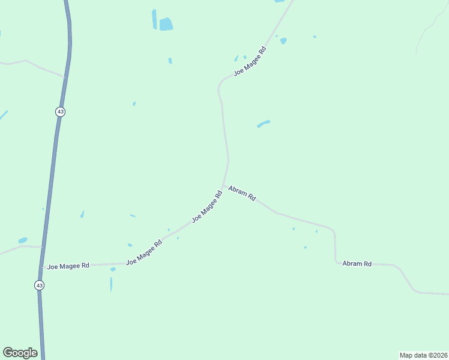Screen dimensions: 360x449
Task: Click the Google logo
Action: (20, 353)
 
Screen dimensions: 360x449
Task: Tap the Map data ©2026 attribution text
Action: (423, 355)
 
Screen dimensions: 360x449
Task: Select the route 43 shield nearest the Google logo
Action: (39, 286)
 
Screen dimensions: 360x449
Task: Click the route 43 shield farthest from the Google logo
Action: (60, 112)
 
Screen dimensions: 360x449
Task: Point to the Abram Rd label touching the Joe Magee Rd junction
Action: (243, 193)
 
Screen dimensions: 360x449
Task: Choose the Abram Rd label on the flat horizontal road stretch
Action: (357, 263)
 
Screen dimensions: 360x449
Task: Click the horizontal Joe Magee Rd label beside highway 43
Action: (68, 265)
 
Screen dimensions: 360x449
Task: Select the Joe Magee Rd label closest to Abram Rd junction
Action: (207, 206)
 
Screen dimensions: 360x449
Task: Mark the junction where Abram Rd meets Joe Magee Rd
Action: (223, 186)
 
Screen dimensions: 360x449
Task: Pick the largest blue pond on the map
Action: (166, 25)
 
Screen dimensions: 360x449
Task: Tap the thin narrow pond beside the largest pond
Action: (154, 19)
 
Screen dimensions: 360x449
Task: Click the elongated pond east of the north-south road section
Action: (264, 124)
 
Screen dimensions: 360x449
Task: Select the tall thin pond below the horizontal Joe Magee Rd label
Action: (111, 284)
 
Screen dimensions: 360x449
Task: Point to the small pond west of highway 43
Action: (23, 240)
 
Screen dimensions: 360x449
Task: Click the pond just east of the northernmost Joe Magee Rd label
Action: (283, 41)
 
